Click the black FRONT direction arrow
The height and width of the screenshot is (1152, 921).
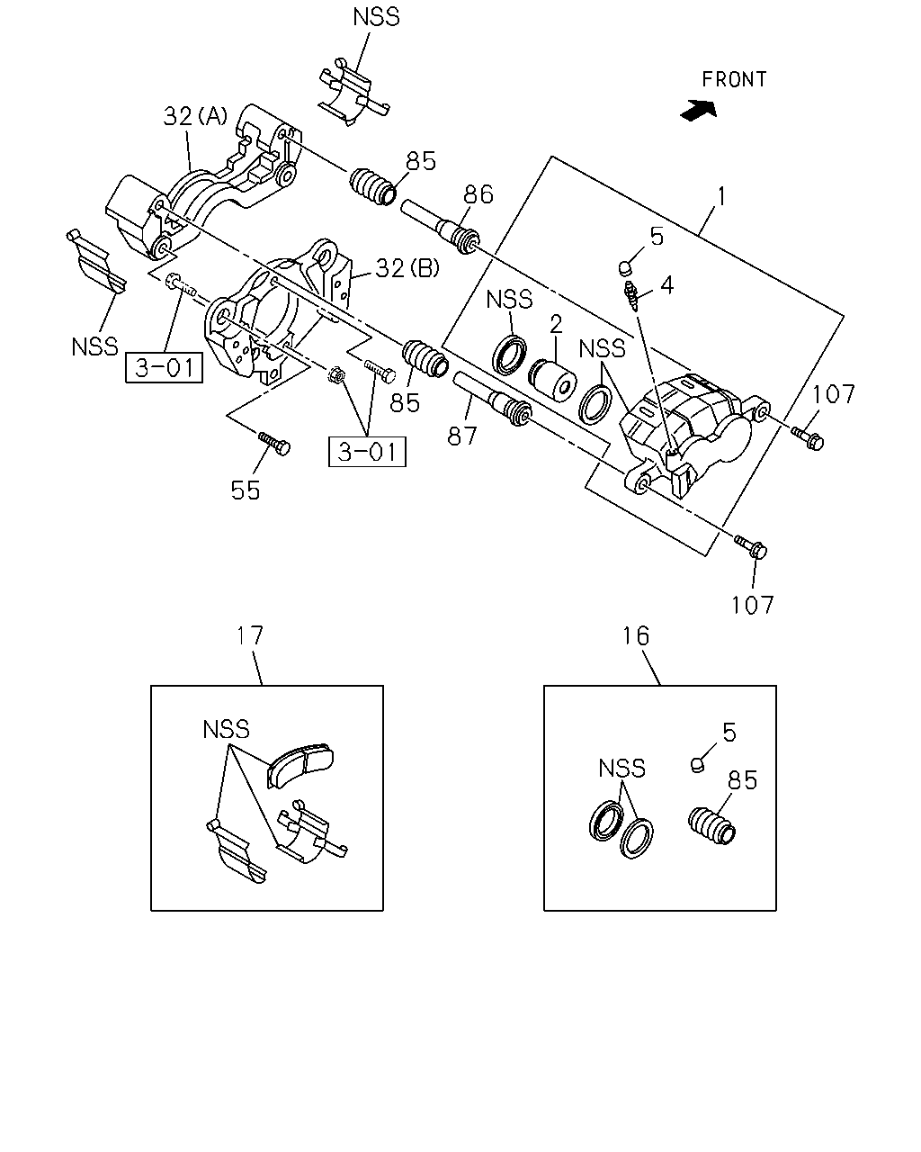coord(698,111)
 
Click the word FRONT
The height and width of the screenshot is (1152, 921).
coord(734,80)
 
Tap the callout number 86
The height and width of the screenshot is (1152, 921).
coord(478,194)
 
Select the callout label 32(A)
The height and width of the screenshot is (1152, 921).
coord(195,116)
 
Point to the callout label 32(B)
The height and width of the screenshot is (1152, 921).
coord(407,268)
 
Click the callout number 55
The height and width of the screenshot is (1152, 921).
coord(246,490)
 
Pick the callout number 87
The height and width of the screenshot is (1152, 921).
coord(462,436)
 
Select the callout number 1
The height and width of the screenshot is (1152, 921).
coord(721,196)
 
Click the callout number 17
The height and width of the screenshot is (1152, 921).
coord(250,635)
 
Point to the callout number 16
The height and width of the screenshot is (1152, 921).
coord(636,636)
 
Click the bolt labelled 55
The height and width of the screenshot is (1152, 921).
coord(274,443)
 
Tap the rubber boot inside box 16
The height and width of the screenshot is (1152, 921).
coord(711,825)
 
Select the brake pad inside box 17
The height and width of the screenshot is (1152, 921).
coord(300,765)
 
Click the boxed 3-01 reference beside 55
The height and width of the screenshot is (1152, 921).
coord(367,452)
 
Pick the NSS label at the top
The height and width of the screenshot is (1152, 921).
coord(376,17)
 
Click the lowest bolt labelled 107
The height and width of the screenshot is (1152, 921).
coord(751,547)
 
